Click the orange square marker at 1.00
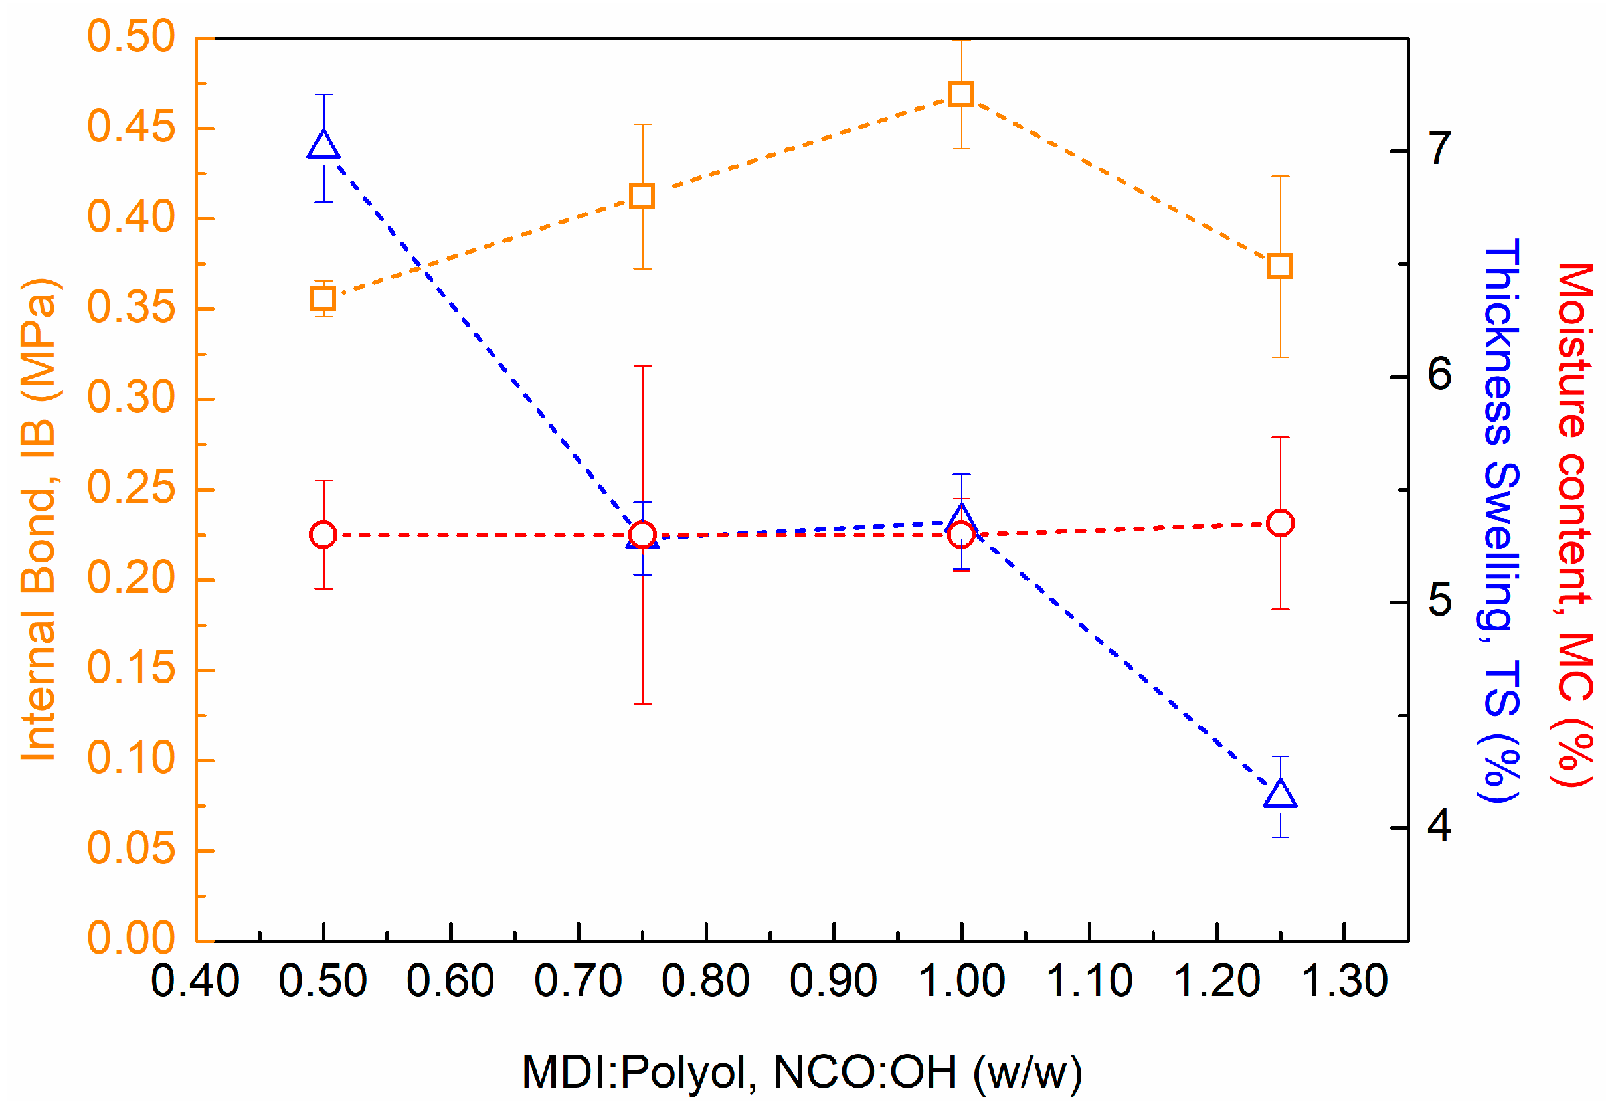tap(961, 93)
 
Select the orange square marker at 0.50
tap(323, 299)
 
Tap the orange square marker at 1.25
tap(1280, 266)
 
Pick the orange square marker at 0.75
tap(642, 196)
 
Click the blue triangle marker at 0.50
tap(323, 145)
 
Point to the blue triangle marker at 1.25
tap(1280, 794)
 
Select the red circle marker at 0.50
tap(323, 535)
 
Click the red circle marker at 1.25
tap(1280, 523)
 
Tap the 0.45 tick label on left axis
tap(131, 128)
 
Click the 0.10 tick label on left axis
tap(131, 759)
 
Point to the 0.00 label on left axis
tap(131, 939)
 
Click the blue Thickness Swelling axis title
tap(1500, 521)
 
